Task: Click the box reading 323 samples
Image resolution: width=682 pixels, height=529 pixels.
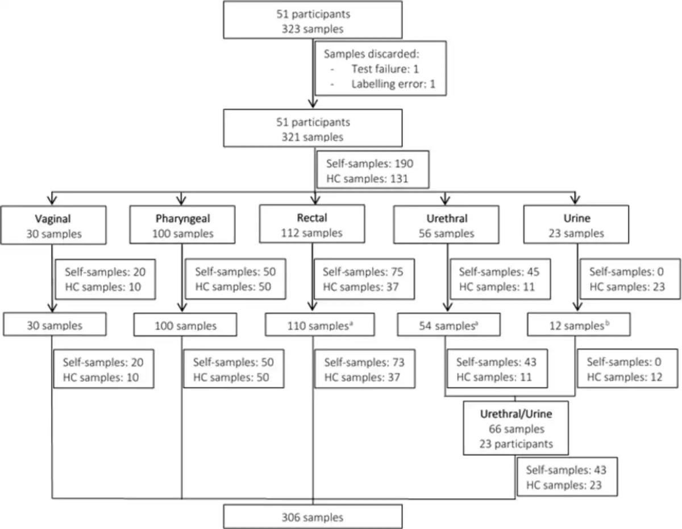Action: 313,20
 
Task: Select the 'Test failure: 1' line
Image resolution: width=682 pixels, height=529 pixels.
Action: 385,69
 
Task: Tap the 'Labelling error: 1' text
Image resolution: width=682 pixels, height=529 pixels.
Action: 393,84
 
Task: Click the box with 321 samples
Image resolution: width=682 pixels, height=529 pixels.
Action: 313,128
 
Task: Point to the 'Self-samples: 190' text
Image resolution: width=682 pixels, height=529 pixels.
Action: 370,164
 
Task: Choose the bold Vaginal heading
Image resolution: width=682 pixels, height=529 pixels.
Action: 53,219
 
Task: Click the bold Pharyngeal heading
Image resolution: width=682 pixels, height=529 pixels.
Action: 182,218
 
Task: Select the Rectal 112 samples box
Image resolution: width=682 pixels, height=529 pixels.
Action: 312,224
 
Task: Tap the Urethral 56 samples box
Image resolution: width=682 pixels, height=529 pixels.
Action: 446,224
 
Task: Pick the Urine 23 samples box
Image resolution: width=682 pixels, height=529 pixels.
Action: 576,224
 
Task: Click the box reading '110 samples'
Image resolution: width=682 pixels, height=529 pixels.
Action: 320,324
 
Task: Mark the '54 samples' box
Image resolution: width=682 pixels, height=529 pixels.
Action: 449,324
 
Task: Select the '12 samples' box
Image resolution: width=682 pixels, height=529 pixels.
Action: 579,324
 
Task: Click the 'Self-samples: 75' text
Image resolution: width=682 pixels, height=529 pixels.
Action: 363,272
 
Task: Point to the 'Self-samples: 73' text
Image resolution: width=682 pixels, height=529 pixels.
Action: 364,363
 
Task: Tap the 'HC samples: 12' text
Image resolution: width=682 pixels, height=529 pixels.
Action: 625,377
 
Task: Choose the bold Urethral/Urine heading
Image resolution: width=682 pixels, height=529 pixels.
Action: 516,414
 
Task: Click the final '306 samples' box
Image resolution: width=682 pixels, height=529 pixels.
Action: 313,516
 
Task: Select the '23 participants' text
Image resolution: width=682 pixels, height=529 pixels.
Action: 516,444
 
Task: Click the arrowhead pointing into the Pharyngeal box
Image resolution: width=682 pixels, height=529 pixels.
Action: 181,200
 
